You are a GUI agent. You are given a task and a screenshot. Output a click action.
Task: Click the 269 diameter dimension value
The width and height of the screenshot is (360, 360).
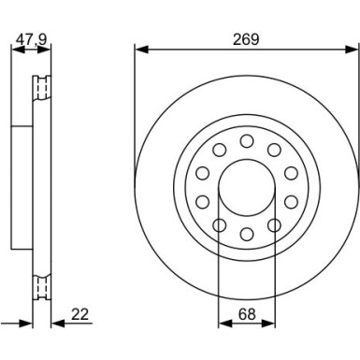[246, 39]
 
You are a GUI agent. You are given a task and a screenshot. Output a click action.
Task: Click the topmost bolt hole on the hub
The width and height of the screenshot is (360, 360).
[247, 140]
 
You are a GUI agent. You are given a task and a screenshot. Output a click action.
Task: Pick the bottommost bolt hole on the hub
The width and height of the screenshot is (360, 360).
[247, 234]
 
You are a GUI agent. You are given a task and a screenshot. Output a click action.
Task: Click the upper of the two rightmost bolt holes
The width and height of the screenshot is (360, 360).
[292, 173]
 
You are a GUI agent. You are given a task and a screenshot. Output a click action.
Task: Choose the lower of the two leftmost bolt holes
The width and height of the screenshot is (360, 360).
[202, 201]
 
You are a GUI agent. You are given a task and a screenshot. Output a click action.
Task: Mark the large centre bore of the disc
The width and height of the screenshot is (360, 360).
[247, 187]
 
